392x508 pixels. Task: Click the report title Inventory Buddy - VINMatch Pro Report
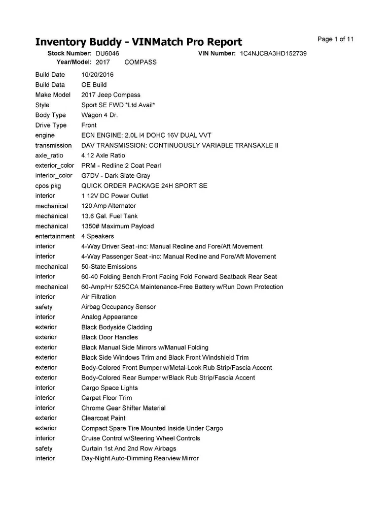138,42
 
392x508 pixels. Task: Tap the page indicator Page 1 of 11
335,39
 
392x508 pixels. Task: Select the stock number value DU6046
108,53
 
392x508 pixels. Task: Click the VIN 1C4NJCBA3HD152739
273,53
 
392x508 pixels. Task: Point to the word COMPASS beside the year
140,62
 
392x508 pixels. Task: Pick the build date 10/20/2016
97,75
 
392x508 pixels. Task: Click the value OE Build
94,85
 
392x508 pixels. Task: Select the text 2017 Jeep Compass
111,95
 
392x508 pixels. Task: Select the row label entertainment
55,236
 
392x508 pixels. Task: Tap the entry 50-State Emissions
109,267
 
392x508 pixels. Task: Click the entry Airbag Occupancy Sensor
119,307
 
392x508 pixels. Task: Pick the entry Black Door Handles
110,337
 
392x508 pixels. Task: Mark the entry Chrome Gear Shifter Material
123,408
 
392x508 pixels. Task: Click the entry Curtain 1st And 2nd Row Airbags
129,449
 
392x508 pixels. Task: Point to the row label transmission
53,145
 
